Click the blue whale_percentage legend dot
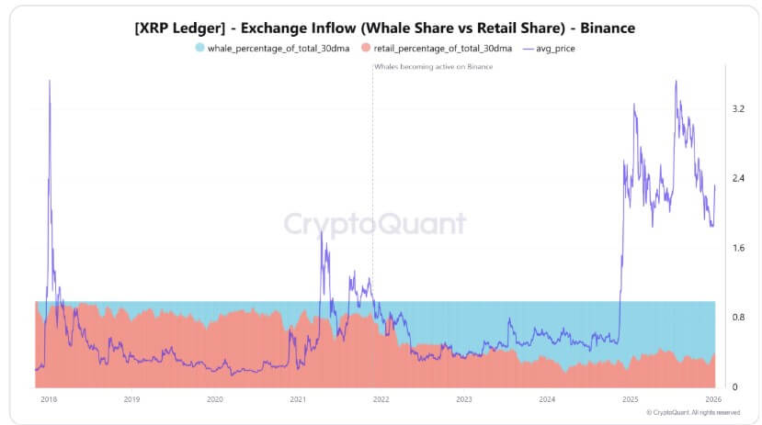[200, 48]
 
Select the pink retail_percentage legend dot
[368, 48]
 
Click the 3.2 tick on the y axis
[737, 109]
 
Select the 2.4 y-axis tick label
[737, 178]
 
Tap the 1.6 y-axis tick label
[737, 248]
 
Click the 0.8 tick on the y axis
[737, 318]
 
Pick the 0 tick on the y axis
[734, 386]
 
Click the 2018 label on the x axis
[49, 399]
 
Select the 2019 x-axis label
[131, 399]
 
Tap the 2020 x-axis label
[214, 399]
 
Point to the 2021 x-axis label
[298, 399]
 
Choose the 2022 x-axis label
[381, 399]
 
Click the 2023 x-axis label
[463, 399]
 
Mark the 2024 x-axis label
[547, 399]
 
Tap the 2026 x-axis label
[712, 399]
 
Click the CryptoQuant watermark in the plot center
[374, 224]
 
